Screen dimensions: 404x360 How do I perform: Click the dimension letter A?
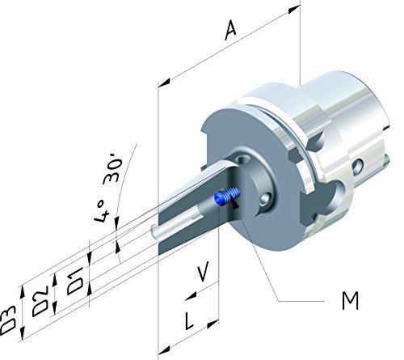(230, 31)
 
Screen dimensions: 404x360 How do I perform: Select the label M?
(350, 301)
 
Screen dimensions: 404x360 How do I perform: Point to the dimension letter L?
(189, 320)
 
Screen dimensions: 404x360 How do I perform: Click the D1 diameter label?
(75, 282)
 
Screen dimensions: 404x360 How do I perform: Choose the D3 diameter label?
(9, 320)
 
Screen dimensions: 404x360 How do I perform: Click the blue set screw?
(226, 197)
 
